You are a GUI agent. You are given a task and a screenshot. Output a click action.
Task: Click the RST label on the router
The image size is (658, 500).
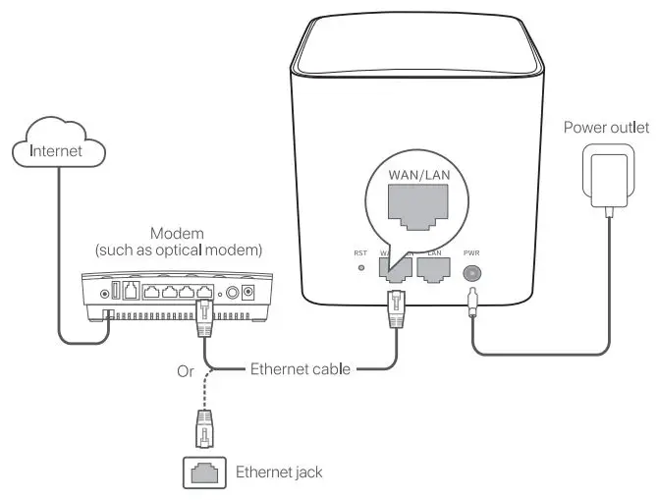360,252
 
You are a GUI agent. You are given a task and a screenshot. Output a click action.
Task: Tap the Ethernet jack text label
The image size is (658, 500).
279,472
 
